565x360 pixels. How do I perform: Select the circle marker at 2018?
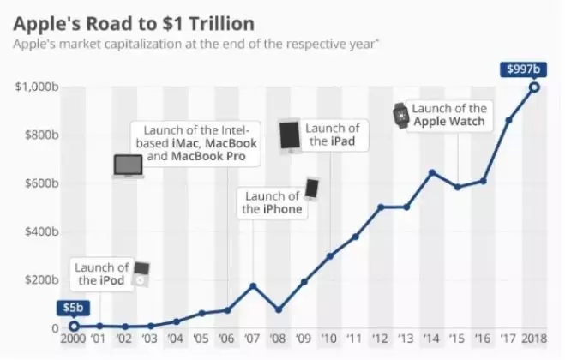point(534,87)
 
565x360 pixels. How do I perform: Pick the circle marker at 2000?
point(74,326)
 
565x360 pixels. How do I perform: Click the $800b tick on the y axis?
point(37,135)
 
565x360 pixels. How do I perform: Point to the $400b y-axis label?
point(37,231)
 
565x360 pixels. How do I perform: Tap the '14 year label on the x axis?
point(432,340)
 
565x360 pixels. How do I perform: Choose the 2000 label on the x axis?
point(74,340)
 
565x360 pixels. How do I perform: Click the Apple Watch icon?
point(400,115)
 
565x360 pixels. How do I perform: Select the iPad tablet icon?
point(291,135)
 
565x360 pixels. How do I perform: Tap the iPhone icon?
point(312,189)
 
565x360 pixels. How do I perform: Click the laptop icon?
point(128,165)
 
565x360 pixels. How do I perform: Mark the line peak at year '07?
point(253,285)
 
